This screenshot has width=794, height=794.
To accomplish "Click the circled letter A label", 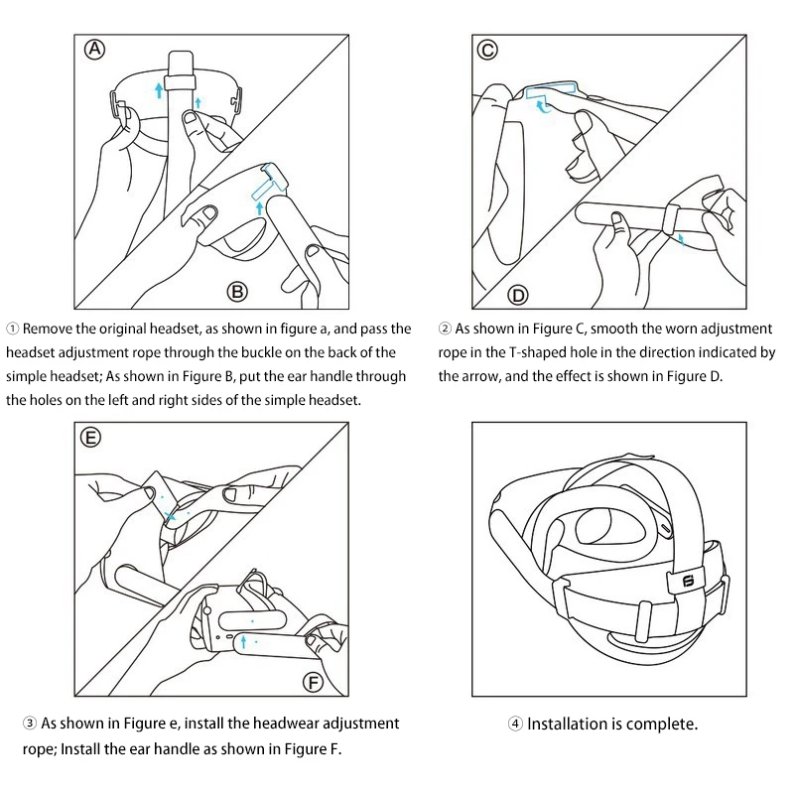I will click(95, 51).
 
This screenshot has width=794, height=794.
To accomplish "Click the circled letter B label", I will click(238, 291).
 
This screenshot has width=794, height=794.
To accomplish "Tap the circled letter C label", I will click(487, 51).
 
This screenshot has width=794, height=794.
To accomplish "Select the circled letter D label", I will click(518, 295).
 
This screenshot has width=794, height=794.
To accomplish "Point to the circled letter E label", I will click(91, 438).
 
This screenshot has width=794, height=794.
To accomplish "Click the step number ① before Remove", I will click(12, 329).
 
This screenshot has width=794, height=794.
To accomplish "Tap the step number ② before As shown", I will click(446, 329).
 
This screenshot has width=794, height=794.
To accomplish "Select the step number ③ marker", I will click(30, 725).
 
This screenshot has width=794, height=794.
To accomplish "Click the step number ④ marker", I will click(515, 725).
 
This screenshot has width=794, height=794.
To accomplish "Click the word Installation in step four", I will click(569, 725).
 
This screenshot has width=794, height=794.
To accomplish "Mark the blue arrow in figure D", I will click(681, 238).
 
